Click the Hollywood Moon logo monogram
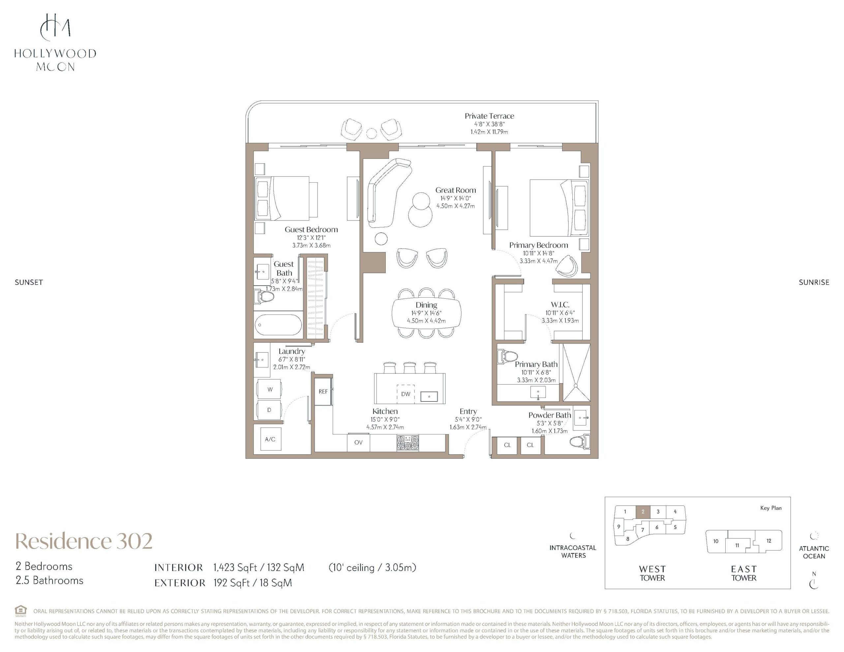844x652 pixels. click(55, 27)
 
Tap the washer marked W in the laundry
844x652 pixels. click(269, 389)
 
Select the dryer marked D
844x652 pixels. click(269, 410)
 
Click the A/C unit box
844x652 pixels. click(270, 439)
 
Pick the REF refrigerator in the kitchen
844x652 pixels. click(323, 392)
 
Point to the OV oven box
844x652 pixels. click(358, 443)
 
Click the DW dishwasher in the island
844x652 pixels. click(406, 394)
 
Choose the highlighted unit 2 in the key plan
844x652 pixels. click(643, 512)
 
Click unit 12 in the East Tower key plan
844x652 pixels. click(769, 541)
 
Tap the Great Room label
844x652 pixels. click(456, 190)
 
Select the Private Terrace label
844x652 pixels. click(489, 116)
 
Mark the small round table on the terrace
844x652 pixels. click(371, 133)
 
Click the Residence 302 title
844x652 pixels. click(84, 541)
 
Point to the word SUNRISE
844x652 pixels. click(814, 282)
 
